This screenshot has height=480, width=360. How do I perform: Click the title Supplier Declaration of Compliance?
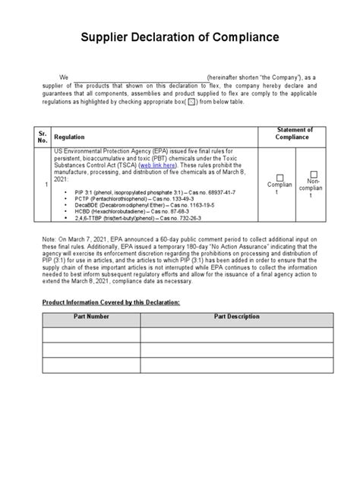pyautogui.click(x=180, y=37)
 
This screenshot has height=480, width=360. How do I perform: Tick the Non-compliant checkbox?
pyautogui.click(x=314, y=175)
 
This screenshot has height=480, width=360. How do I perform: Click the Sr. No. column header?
pyautogui.click(x=43, y=136)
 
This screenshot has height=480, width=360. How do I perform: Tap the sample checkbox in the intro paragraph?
pyautogui.click(x=192, y=100)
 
